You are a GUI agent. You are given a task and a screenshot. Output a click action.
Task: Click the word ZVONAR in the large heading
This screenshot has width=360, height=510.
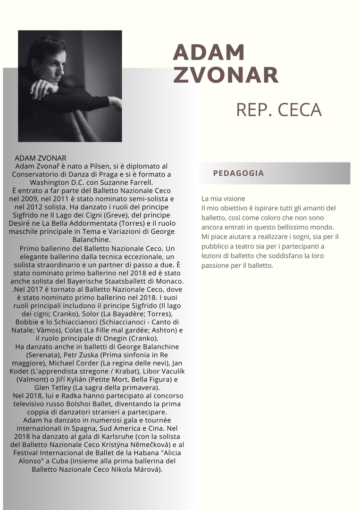coord(226,75)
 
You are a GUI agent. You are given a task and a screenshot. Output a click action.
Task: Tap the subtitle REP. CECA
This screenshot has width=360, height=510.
coord(278,110)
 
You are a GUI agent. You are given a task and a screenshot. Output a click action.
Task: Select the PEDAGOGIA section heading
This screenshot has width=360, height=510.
coord(238,173)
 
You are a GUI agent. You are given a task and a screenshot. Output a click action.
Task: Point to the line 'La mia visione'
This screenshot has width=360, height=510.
coord(223,199)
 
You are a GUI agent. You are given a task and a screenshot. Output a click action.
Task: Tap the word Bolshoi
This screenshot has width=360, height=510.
coord(94,404)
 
